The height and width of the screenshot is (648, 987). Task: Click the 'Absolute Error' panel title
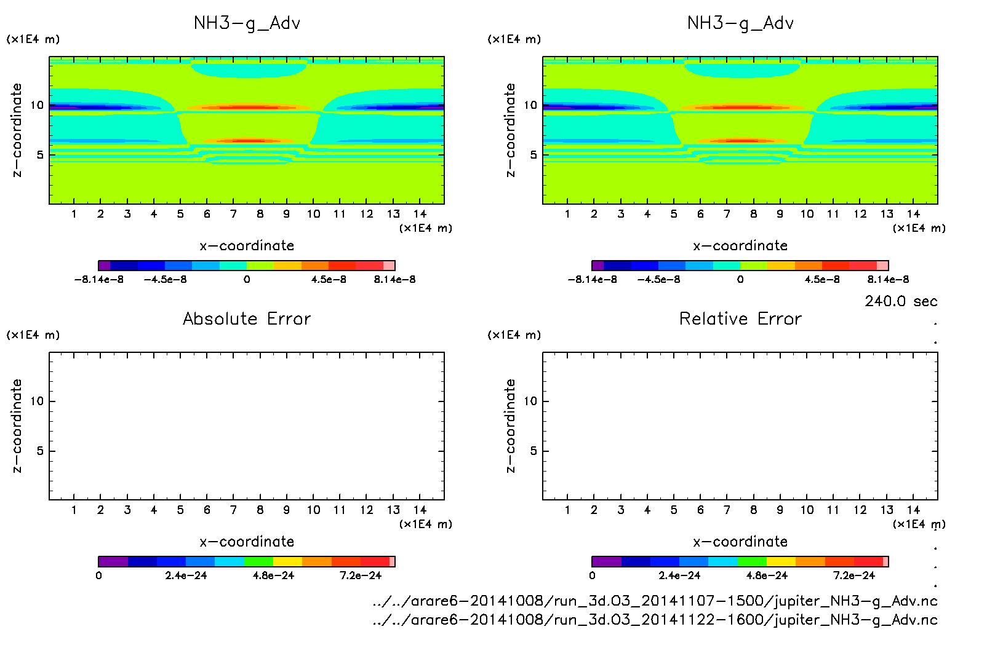(x=247, y=318)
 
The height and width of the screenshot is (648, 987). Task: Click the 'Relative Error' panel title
(x=740, y=318)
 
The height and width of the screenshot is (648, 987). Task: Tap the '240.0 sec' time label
(x=901, y=301)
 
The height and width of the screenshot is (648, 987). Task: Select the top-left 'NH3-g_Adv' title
(x=247, y=23)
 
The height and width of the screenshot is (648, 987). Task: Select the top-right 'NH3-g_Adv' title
(x=740, y=23)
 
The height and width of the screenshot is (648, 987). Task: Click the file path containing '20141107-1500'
(x=655, y=601)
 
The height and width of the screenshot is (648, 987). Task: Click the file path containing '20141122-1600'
(x=655, y=619)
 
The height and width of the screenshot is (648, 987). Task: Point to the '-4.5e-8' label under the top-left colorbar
(x=165, y=280)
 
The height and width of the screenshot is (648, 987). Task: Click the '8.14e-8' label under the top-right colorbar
(x=888, y=280)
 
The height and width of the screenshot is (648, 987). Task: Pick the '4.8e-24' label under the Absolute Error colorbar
(x=274, y=575)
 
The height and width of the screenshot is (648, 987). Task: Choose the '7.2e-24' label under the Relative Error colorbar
(x=854, y=575)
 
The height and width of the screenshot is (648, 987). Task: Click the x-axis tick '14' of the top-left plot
(x=420, y=214)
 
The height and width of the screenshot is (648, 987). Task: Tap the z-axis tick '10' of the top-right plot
(x=530, y=105)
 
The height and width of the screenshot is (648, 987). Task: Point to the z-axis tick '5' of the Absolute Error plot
(x=40, y=451)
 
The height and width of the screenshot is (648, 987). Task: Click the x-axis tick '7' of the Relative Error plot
(x=727, y=510)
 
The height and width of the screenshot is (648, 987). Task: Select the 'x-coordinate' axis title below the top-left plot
(x=247, y=246)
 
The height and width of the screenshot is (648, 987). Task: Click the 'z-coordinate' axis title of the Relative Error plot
(x=510, y=425)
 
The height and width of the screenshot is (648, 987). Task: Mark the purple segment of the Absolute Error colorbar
(x=113, y=561)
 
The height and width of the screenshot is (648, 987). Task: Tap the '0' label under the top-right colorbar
(x=740, y=280)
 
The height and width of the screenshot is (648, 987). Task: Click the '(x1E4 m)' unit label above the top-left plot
(x=33, y=39)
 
